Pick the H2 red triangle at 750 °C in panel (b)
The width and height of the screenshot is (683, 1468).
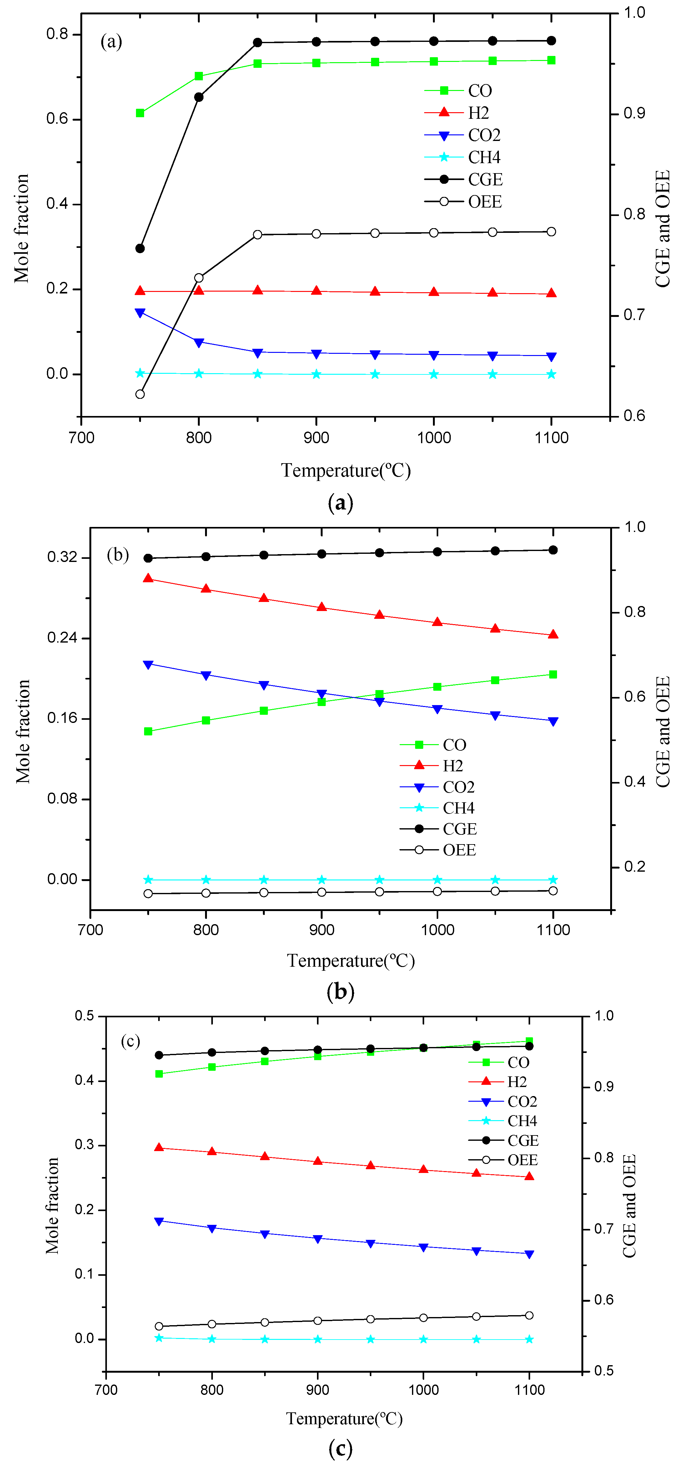click(x=148, y=579)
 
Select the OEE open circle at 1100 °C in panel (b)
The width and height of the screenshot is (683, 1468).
click(x=553, y=891)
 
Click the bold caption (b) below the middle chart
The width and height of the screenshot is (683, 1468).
click(x=340, y=992)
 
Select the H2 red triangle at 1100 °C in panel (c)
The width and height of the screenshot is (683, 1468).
click(x=529, y=1176)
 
